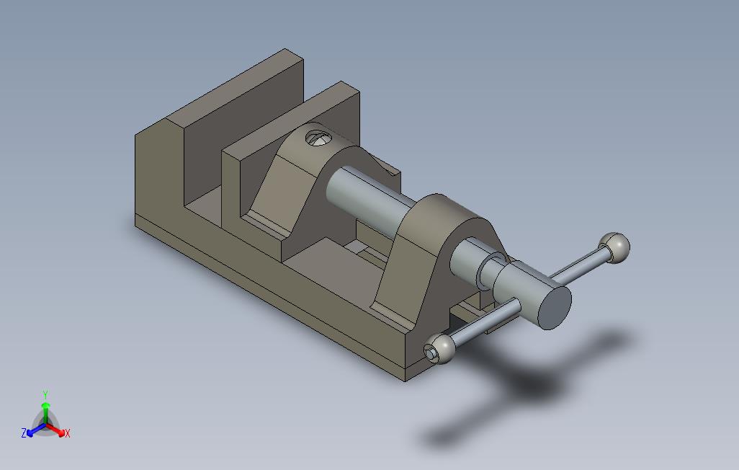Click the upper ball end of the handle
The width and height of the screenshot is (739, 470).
click(614, 248)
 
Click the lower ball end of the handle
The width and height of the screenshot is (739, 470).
click(439, 349)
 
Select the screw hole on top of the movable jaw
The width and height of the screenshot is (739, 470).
click(318, 138)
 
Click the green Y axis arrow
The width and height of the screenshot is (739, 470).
click(45, 412)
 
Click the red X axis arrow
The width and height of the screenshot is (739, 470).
click(55, 430)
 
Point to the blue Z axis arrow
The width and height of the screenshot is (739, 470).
click(36, 430)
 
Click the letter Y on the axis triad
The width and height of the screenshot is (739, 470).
click(45, 395)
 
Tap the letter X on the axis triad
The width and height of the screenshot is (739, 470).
click(68, 433)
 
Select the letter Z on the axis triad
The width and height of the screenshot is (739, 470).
click(24, 433)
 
